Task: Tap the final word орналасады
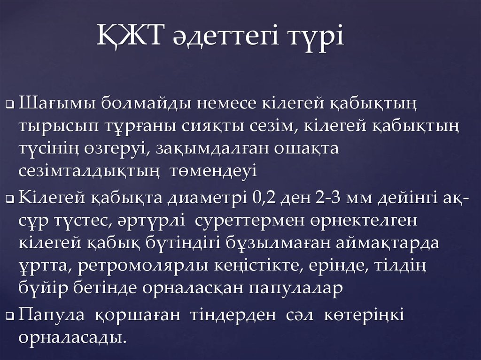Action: (73, 337)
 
